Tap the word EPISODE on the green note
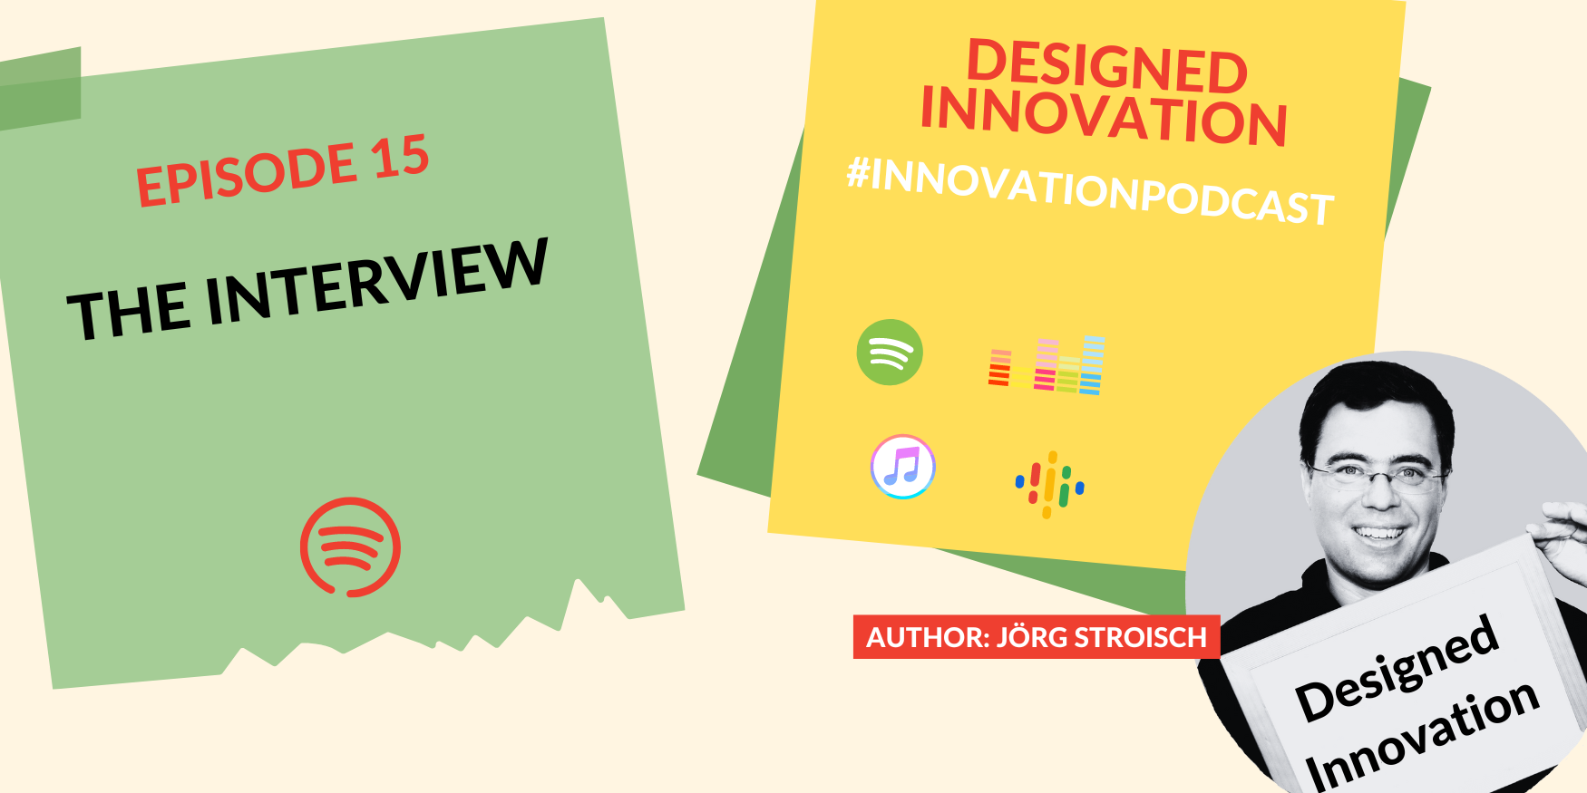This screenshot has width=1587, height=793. click(x=246, y=176)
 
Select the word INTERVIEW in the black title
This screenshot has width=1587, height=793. click(x=376, y=280)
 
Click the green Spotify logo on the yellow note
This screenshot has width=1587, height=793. click(x=890, y=353)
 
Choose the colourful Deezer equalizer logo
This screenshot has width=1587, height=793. click(x=1047, y=365)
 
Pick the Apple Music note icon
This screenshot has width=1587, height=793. click(x=902, y=467)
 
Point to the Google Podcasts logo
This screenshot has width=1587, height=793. click(x=1049, y=485)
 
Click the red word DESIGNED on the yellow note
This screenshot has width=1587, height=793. click(x=1107, y=66)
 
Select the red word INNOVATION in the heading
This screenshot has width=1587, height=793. click(x=1104, y=116)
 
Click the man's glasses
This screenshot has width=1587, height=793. click(x=1378, y=473)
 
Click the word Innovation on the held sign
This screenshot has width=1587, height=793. click(x=1423, y=734)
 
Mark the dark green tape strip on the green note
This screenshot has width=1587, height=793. click(x=40, y=88)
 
